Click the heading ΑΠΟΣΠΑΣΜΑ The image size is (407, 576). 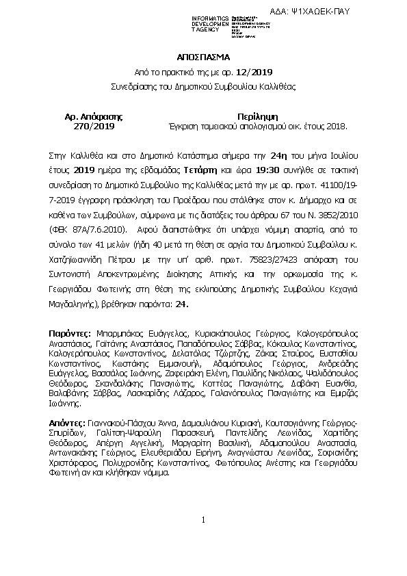pyautogui.click(x=203, y=59)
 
